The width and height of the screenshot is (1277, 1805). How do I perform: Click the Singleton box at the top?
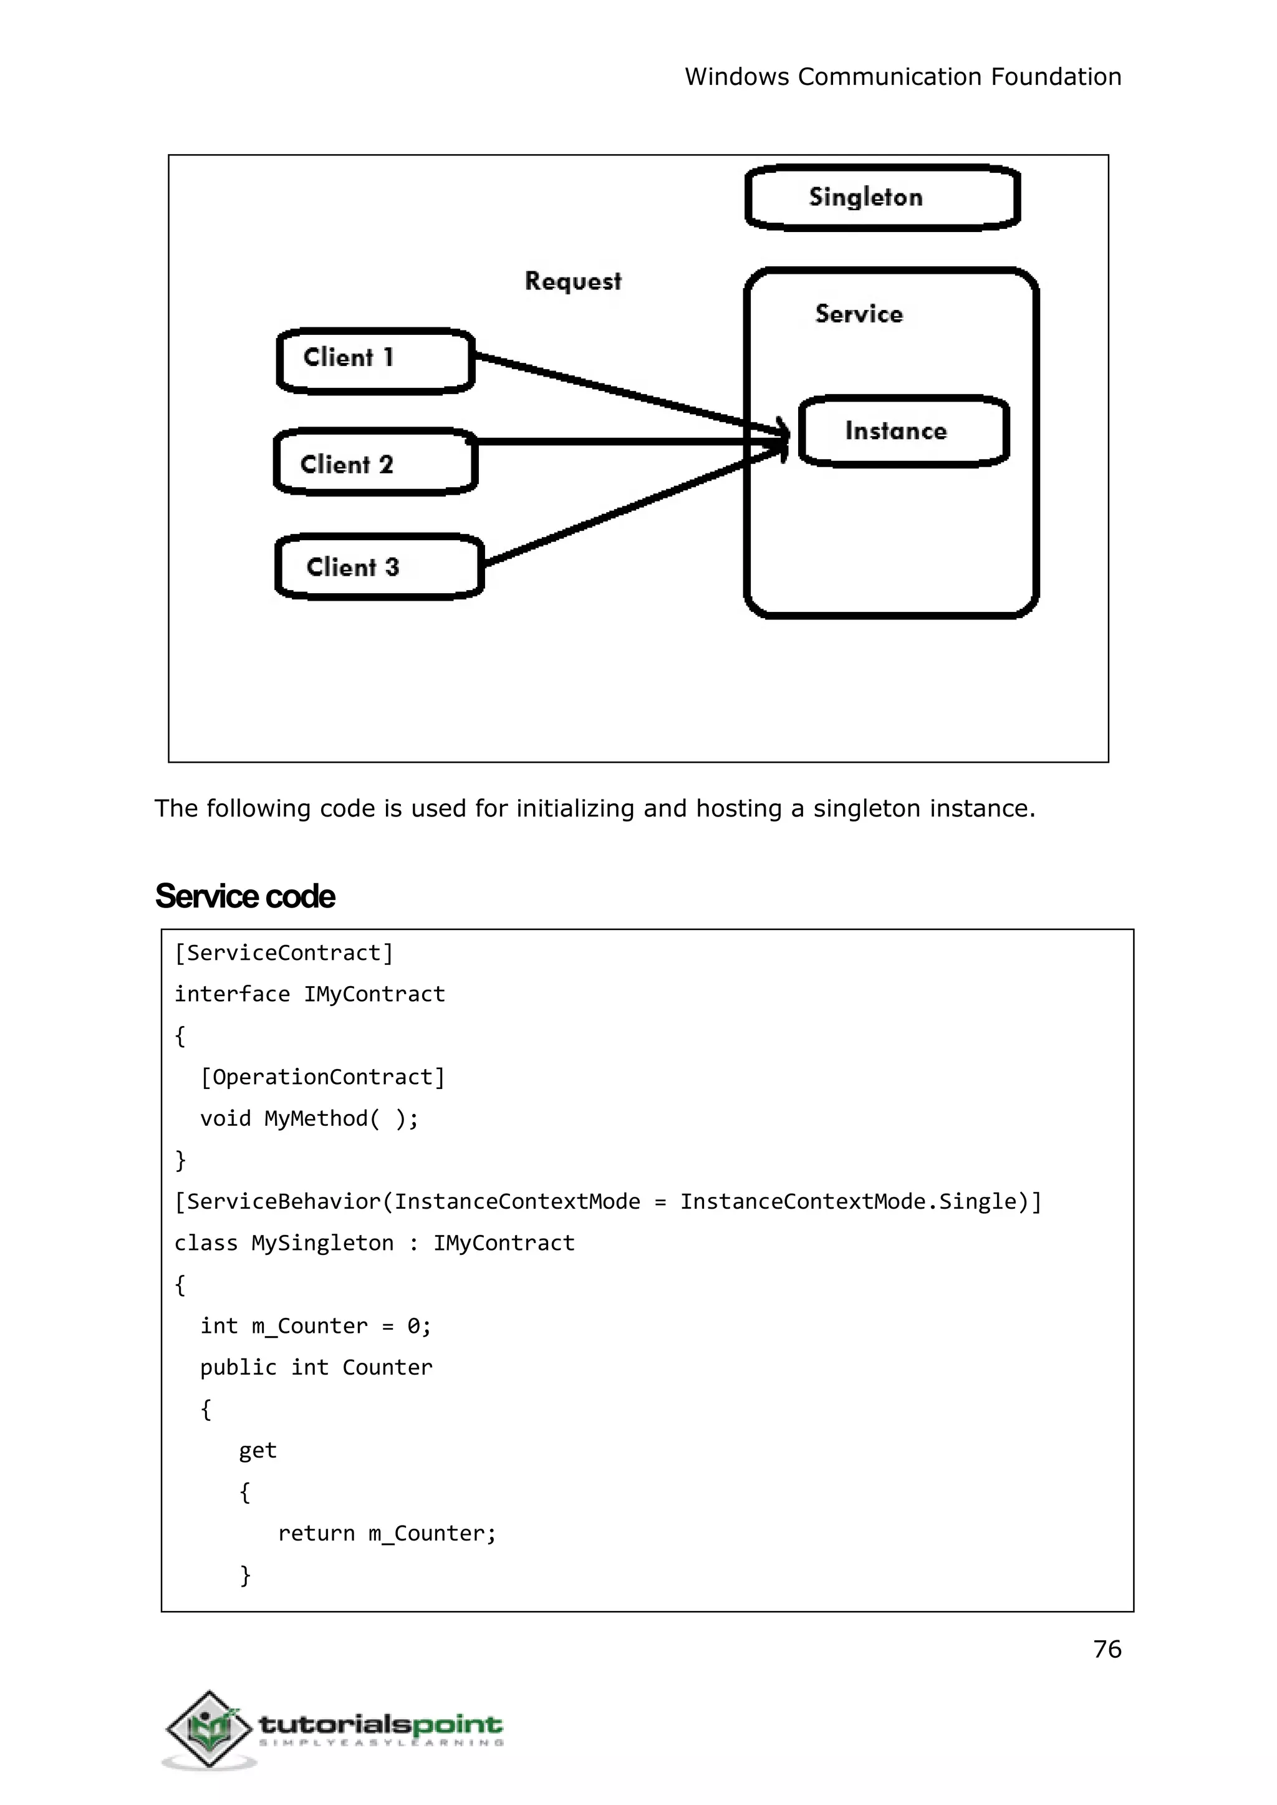pyautogui.click(x=882, y=198)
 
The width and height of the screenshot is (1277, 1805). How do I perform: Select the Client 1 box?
pyautogui.click(x=375, y=361)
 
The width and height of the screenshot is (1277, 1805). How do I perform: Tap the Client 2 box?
pyautogui.click(x=375, y=462)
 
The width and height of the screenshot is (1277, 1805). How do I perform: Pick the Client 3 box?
pyautogui.click(x=378, y=566)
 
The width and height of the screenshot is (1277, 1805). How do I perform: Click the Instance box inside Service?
pyautogui.click(x=904, y=431)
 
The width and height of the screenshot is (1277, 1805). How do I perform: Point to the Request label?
pyautogui.click(x=572, y=281)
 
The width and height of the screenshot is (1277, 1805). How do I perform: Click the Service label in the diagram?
pyautogui.click(x=859, y=314)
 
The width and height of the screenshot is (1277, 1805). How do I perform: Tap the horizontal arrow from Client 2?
pyautogui.click(x=614, y=442)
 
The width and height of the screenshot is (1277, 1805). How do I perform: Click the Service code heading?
pyautogui.click(x=244, y=896)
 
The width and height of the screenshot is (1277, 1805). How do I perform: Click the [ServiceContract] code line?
pyautogui.click(x=283, y=953)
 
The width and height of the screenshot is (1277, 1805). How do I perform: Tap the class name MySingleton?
pyautogui.click(x=322, y=1242)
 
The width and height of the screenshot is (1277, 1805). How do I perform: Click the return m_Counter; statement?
pyautogui.click(x=386, y=1533)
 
